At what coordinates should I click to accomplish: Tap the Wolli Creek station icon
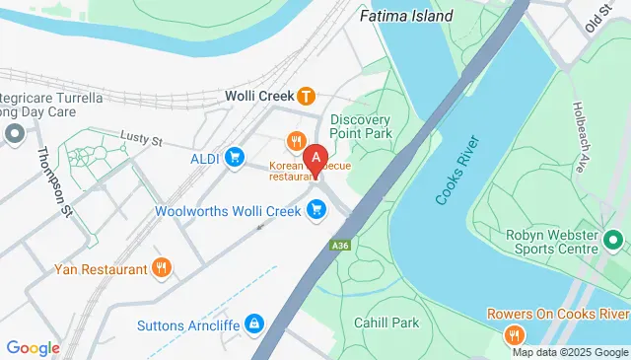[x=307, y=97]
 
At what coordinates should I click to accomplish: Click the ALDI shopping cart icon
[x=235, y=157]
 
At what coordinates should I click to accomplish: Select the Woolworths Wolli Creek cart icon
[x=315, y=209]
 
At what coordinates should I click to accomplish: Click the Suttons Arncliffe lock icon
[x=254, y=322]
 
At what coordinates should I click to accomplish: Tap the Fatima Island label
[x=406, y=16]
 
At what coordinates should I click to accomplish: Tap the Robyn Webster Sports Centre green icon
[x=612, y=240]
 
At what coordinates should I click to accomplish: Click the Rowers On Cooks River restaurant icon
[x=514, y=336]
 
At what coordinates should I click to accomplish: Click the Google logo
[x=34, y=347]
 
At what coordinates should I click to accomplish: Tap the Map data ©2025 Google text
[x=569, y=352]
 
